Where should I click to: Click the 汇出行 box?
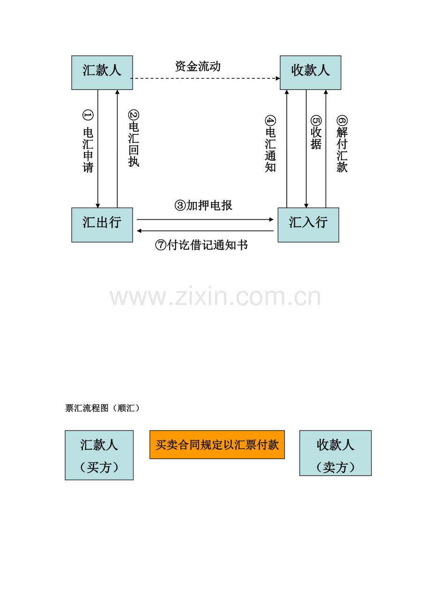(102, 225)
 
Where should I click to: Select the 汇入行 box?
(308, 225)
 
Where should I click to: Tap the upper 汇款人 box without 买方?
(102, 73)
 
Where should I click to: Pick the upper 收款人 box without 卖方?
(311, 73)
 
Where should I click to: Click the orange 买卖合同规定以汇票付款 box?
(217, 445)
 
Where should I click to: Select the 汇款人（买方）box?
(99, 455)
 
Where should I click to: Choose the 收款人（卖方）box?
(335, 453)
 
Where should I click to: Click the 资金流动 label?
(198, 67)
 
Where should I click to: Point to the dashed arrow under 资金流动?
(205, 78)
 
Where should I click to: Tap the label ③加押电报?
(203, 206)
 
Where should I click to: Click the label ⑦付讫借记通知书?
(201, 245)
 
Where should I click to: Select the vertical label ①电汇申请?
(88, 141)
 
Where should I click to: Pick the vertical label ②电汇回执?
(134, 138)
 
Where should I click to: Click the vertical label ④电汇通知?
(270, 144)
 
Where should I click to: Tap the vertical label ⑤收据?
(316, 133)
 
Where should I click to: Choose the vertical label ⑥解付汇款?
(342, 144)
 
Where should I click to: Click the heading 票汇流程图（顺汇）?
(103, 408)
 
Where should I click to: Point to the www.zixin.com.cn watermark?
(215, 296)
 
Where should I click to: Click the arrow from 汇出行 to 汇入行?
(205, 219)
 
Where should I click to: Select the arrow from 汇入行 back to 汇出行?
(205, 231)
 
